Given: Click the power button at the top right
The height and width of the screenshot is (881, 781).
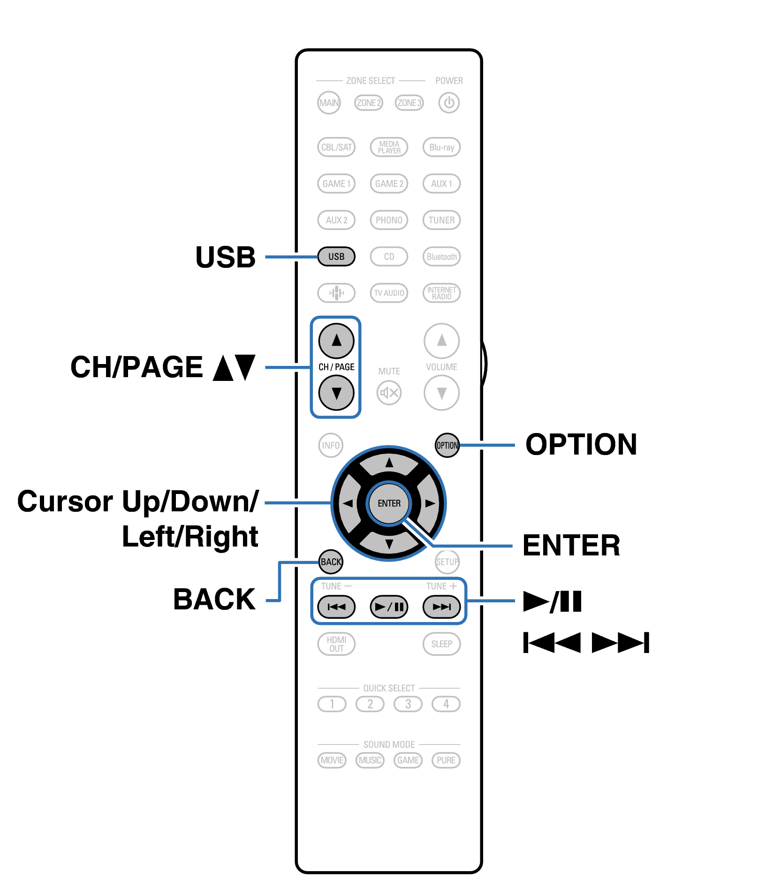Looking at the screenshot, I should pyautogui.click(x=448, y=103).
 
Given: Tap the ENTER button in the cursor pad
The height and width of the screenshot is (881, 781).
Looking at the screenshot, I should pyautogui.click(x=389, y=503).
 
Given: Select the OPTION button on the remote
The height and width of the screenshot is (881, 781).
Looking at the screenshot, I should pyautogui.click(x=447, y=445).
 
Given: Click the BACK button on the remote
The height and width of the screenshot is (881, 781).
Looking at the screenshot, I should pyautogui.click(x=331, y=562).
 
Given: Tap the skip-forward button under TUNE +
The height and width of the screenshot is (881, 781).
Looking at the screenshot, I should pyautogui.click(x=441, y=607).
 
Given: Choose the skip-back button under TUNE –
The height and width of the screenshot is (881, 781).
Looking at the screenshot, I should pyautogui.click(x=336, y=607).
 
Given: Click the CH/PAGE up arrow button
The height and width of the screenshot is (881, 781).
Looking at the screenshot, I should pyautogui.click(x=336, y=341).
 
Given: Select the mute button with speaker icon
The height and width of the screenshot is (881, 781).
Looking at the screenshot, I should pyautogui.click(x=389, y=393).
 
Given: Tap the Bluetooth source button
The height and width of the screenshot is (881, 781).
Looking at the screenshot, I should pyautogui.click(x=441, y=257).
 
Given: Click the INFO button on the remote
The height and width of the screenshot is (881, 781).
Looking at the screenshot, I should pyautogui.click(x=331, y=445).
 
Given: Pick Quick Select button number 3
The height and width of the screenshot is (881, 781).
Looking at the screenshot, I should pyautogui.click(x=408, y=704).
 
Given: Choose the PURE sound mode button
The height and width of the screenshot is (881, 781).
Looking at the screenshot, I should pyautogui.click(x=446, y=760).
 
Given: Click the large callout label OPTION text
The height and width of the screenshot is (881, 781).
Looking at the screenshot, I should pyautogui.click(x=581, y=444).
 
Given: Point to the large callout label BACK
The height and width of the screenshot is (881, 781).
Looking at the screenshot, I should pyautogui.click(x=214, y=599).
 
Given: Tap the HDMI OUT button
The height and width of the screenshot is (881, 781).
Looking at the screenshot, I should pyautogui.click(x=336, y=644).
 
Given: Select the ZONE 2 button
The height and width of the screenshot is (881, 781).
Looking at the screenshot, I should pyautogui.click(x=369, y=103).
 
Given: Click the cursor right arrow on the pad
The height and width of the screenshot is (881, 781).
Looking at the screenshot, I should pyautogui.click(x=430, y=503).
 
